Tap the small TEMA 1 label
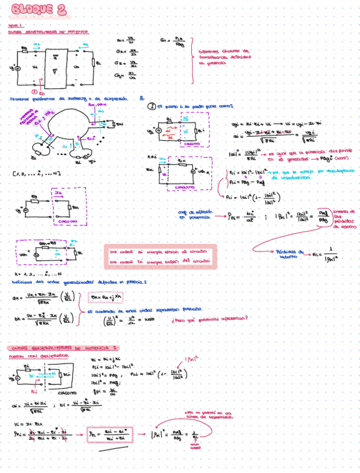[15, 26]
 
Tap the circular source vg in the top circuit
[18, 69]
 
